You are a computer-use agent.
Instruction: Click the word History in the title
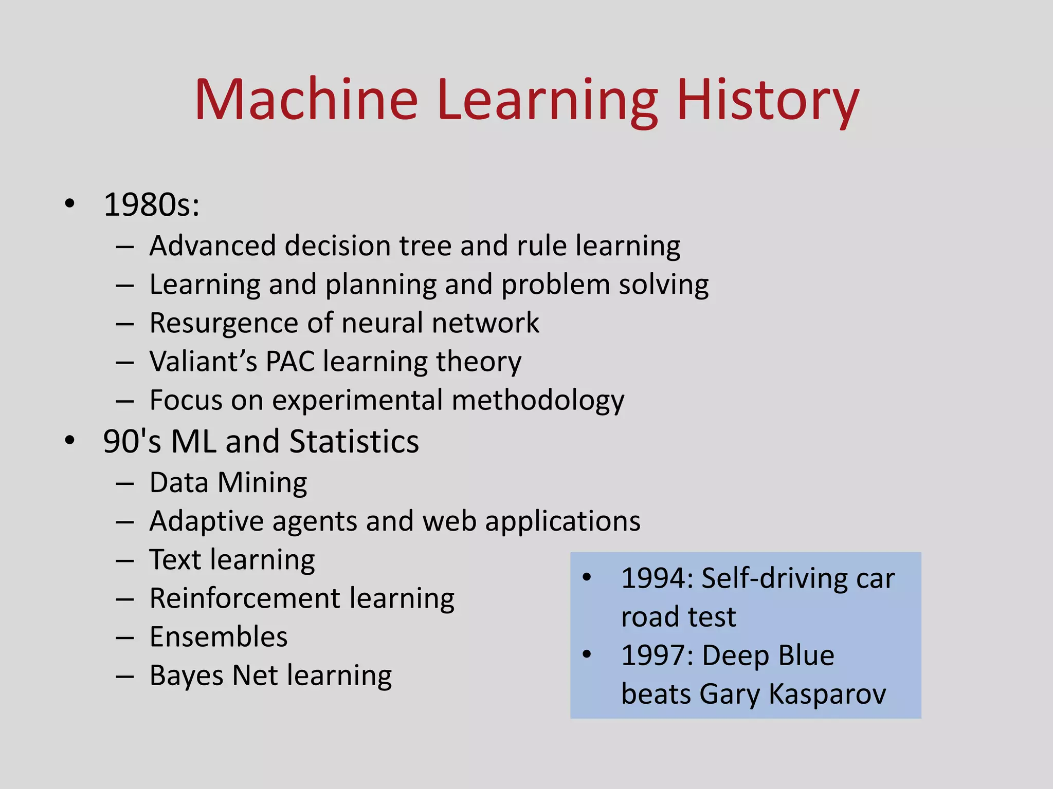(x=768, y=100)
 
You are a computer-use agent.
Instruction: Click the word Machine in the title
(x=306, y=100)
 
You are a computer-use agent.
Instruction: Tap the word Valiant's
(x=203, y=361)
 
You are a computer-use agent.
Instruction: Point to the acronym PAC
(x=290, y=361)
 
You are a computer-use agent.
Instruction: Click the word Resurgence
(x=224, y=323)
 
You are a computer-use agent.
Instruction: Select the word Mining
(x=262, y=483)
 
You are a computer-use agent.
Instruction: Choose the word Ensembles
(x=219, y=637)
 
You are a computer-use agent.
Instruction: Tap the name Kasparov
(x=827, y=694)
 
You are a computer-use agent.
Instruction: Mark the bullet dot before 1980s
(x=70, y=204)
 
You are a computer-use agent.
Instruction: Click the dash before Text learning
(x=125, y=560)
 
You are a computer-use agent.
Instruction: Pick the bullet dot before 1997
(x=587, y=654)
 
